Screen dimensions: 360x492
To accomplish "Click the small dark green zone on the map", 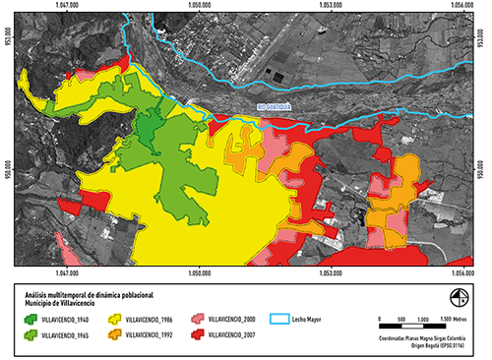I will (145, 129).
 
